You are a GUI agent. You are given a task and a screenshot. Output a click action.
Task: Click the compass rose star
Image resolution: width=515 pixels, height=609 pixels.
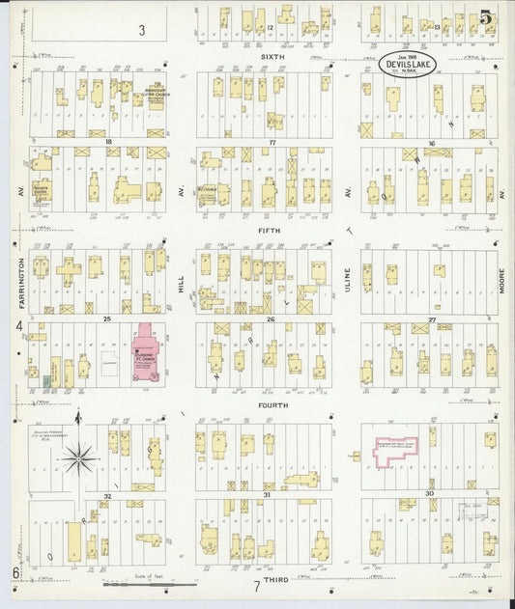(80, 453)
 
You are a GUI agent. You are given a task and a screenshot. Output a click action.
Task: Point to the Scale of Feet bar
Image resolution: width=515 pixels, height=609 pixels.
(150, 584)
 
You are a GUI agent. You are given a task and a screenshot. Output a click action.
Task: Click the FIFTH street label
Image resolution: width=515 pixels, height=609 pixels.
(270, 231)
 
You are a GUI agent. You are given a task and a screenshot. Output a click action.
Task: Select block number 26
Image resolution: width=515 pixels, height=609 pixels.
(272, 318)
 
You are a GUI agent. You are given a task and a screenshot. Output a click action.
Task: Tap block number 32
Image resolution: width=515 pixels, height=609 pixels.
(108, 494)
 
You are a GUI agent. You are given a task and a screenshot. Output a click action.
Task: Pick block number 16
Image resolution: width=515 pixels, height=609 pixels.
(432, 142)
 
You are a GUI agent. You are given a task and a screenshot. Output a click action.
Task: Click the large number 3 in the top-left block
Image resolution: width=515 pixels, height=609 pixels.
(141, 31)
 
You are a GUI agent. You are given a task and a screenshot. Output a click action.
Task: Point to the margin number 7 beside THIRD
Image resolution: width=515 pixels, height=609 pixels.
(257, 586)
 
